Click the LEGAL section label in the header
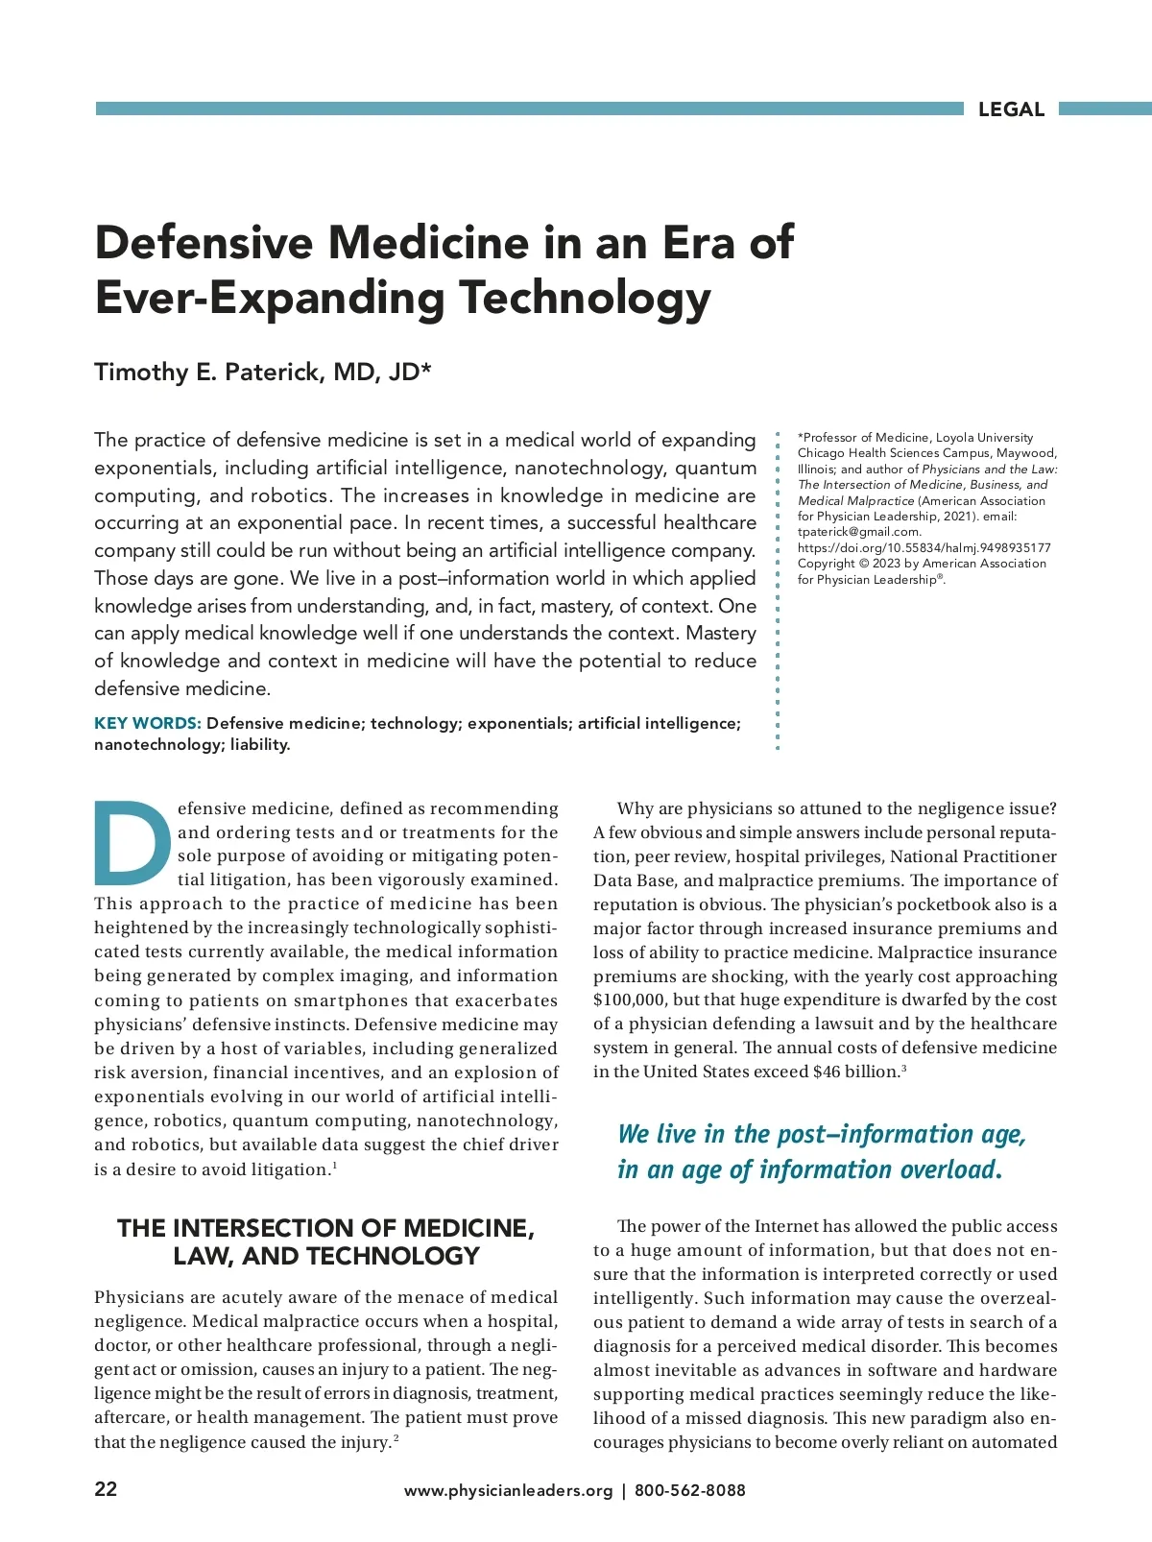tap(1011, 109)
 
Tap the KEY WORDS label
tap(147, 723)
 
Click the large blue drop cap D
tap(132, 842)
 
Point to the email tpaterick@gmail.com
tap(859, 532)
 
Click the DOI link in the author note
tap(924, 547)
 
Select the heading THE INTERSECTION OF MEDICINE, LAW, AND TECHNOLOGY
tap(325, 1241)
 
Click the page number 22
tap(106, 1489)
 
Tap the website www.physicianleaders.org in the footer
tap(508, 1490)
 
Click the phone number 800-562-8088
tap(689, 1490)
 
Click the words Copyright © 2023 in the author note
tap(850, 564)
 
